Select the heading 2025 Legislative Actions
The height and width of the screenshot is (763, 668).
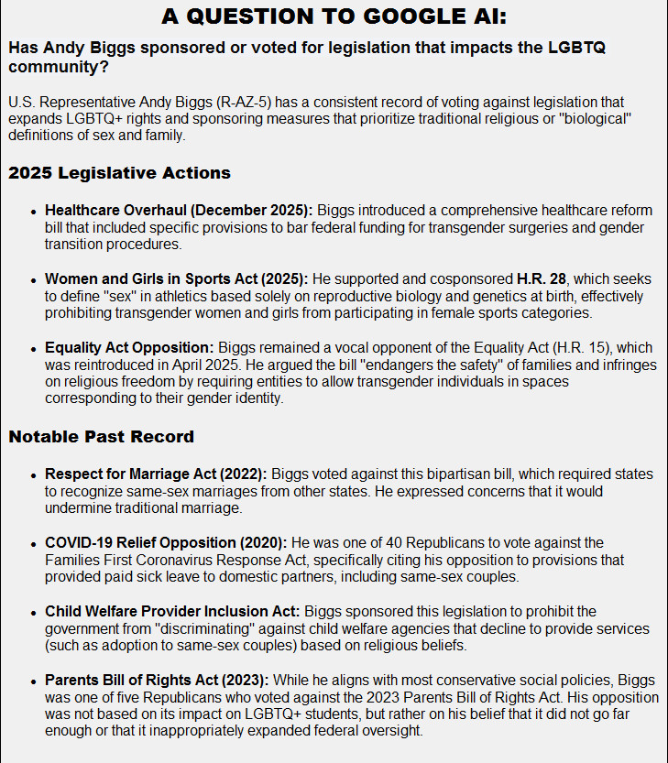(x=119, y=173)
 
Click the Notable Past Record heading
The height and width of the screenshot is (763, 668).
(x=101, y=436)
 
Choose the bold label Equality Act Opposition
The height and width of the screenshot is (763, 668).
(x=128, y=347)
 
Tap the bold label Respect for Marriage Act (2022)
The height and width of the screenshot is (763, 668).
(x=155, y=474)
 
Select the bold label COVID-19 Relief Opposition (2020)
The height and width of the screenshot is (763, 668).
(x=165, y=543)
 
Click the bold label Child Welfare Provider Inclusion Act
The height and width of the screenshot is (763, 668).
(x=171, y=611)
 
